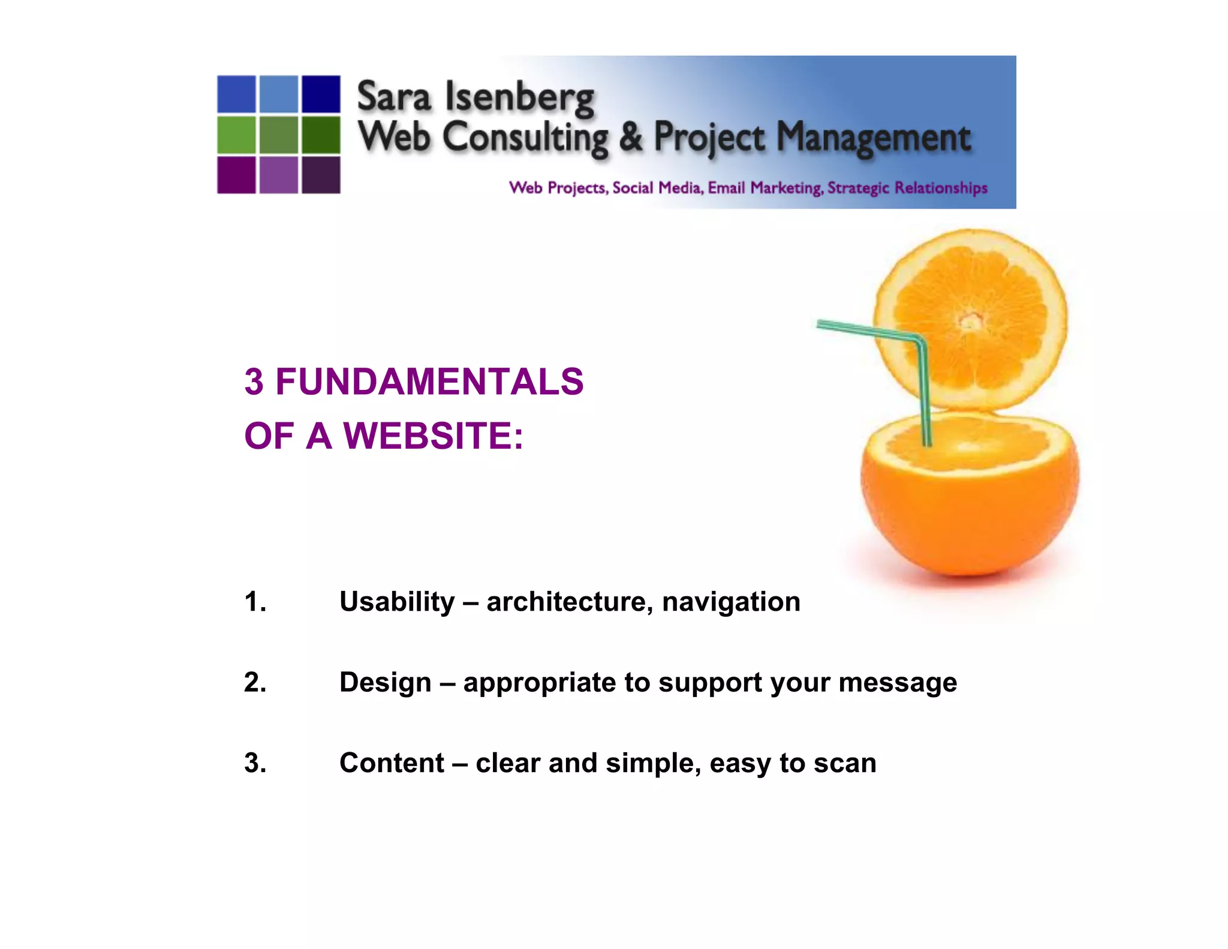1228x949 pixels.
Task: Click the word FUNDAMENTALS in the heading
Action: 429,382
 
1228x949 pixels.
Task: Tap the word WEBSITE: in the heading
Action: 433,436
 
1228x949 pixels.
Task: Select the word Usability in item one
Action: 397,602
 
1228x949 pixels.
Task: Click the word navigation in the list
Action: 731,602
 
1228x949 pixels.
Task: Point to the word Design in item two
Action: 385,683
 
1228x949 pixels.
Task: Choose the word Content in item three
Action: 392,763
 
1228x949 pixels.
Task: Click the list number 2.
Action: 255,683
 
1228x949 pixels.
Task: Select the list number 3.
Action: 255,763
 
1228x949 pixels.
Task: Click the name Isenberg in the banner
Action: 519,98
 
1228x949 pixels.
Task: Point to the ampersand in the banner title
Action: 630,137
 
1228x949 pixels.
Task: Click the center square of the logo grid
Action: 279,134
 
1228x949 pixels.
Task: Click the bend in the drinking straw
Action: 919,342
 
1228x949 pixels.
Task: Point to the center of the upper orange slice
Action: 970,321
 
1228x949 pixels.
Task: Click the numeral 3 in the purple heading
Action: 254,382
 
